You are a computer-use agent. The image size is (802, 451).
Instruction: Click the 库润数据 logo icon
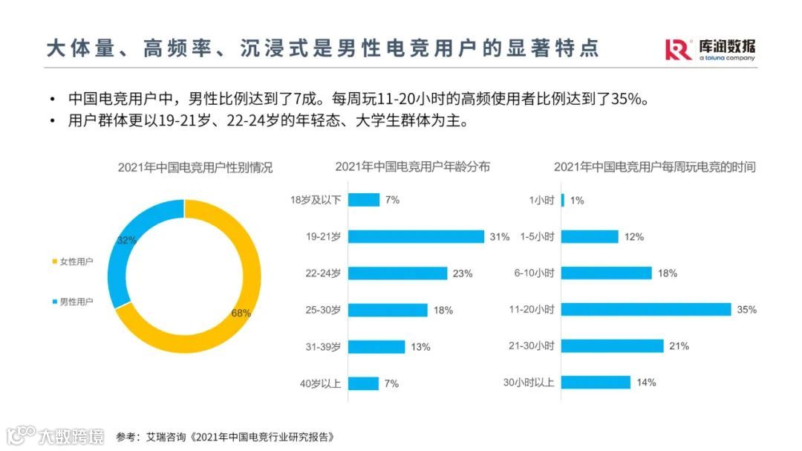(x=678, y=50)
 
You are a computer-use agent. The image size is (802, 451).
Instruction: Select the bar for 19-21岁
(x=416, y=236)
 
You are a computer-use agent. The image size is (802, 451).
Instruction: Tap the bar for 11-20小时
(x=646, y=309)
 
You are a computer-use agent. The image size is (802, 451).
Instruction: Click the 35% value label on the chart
(x=746, y=309)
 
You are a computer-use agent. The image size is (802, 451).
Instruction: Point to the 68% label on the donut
(x=241, y=313)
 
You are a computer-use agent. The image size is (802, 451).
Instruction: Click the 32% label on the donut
(x=127, y=240)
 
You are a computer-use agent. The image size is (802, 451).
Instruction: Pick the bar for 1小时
(x=563, y=200)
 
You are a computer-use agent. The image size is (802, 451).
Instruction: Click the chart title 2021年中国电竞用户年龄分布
(x=412, y=166)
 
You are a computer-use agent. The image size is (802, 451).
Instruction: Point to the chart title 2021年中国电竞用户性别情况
(x=195, y=167)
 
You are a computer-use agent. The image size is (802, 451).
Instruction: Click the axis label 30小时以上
(x=529, y=383)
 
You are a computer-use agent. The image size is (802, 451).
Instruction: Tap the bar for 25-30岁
(x=388, y=310)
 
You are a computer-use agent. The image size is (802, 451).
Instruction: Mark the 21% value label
(x=679, y=345)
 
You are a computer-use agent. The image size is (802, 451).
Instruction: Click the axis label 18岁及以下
(x=316, y=200)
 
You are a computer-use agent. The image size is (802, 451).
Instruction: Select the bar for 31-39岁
(x=376, y=346)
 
